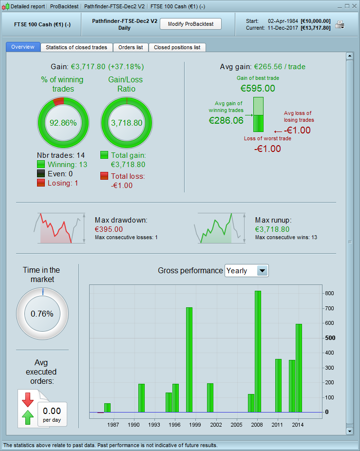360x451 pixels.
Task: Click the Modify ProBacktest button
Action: click(x=190, y=24)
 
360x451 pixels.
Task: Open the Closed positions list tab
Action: click(x=177, y=47)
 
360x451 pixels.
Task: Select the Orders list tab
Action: click(x=131, y=47)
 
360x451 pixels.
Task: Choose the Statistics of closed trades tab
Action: click(x=76, y=47)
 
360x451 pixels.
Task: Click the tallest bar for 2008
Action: click(x=258, y=351)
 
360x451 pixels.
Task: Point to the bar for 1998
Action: click(x=189, y=359)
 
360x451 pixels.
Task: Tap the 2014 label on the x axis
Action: click(x=298, y=425)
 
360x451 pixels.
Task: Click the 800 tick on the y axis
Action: click(x=330, y=293)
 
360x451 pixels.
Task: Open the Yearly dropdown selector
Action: click(x=246, y=271)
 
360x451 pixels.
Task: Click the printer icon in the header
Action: click(x=340, y=24)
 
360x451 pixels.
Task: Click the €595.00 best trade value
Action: click(x=258, y=88)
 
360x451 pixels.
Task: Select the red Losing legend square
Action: click(x=41, y=183)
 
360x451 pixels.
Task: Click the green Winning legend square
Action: click(x=41, y=164)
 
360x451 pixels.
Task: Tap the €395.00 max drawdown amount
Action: click(x=109, y=229)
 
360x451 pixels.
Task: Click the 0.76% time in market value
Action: click(x=42, y=314)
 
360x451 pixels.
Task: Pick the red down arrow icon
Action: click(x=27, y=399)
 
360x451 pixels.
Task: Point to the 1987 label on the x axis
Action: click(x=114, y=425)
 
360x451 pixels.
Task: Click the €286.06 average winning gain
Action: click(x=226, y=120)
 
